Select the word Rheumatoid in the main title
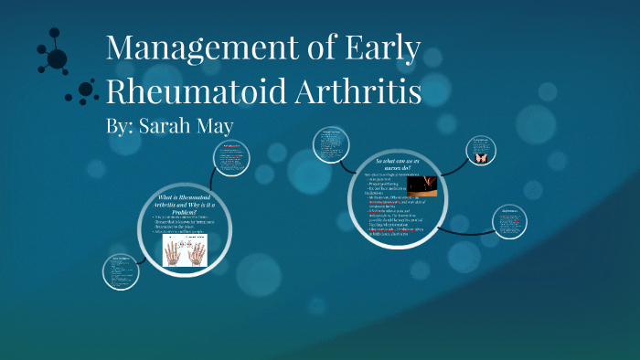click(x=196, y=92)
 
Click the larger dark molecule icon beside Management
click(x=55, y=57)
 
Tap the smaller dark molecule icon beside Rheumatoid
click(x=87, y=90)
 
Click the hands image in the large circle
click(x=186, y=249)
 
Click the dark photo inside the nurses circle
click(x=421, y=185)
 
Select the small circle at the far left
click(x=122, y=270)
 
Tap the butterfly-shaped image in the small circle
click(x=480, y=157)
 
